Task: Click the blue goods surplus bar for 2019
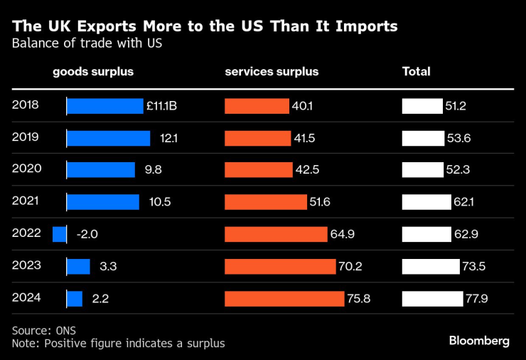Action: (108, 138)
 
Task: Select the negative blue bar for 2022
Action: (60, 233)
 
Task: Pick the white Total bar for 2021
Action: (426, 202)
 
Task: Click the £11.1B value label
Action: (161, 106)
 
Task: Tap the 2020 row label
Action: (26, 169)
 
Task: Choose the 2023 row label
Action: (26, 265)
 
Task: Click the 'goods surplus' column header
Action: (93, 72)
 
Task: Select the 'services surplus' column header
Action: (272, 72)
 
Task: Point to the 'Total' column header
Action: (416, 72)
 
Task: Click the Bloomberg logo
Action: (479, 341)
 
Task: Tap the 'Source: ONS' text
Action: (43, 331)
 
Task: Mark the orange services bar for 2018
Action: (257, 106)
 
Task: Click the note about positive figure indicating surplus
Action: (118, 344)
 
